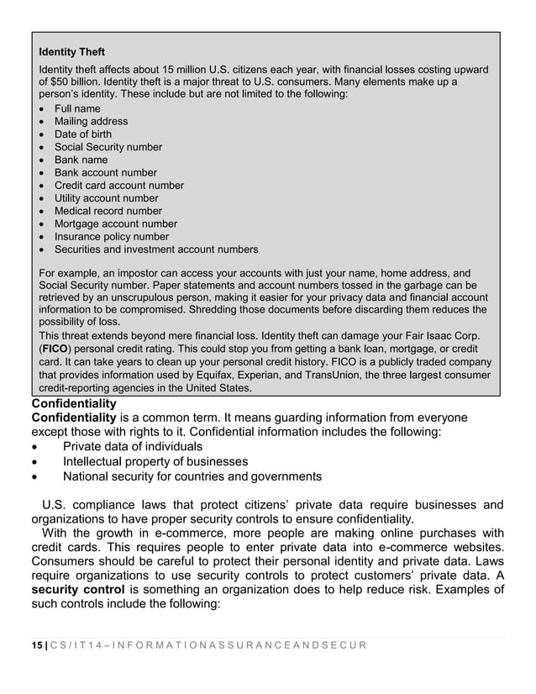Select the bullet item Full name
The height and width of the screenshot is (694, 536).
[77, 108]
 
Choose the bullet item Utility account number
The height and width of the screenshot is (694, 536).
[107, 198]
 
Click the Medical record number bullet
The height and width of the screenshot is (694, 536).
[108, 211]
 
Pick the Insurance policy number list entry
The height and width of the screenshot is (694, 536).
[112, 237]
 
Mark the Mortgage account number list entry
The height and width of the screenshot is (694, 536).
[116, 224]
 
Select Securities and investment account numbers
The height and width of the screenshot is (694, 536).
[156, 250]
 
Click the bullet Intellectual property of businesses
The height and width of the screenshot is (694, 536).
[155, 461]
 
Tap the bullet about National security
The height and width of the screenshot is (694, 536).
[192, 476]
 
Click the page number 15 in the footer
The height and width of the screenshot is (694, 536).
[35, 644]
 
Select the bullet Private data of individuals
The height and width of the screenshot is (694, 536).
[133, 446]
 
